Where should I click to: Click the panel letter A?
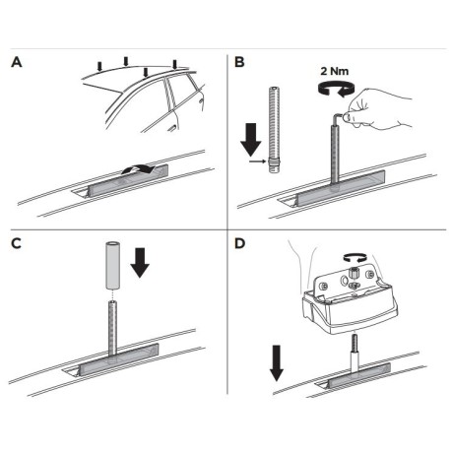click(17, 62)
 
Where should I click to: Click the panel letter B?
click(239, 62)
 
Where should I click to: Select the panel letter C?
click(16, 243)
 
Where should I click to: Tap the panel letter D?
click(240, 243)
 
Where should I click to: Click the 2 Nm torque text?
click(335, 71)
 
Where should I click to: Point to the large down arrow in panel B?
click(251, 140)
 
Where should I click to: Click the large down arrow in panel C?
click(140, 263)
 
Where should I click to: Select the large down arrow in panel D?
click(277, 363)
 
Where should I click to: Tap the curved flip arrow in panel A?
click(138, 169)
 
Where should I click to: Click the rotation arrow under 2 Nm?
click(337, 90)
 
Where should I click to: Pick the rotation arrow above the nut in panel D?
click(355, 258)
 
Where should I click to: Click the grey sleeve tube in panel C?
click(112, 266)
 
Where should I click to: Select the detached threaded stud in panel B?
click(275, 129)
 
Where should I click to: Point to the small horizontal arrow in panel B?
click(257, 162)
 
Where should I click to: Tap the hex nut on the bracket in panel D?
click(354, 272)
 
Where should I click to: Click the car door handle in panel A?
click(170, 130)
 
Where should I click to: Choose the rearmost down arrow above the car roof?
click(174, 64)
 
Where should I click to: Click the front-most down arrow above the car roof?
click(99, 67)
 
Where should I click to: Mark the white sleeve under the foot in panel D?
click(355, 362)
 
